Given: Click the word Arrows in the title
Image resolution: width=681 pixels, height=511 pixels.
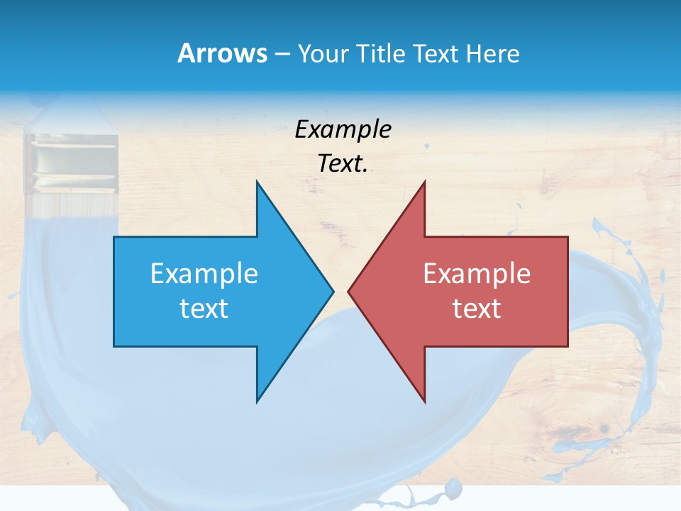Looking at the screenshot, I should pyautogui.click(x=222, y=53).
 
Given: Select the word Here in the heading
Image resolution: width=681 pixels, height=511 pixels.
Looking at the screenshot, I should pyautogui.click(x=492, y=53).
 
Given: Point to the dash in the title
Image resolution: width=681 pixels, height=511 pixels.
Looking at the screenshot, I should pyautogui.click(x=282, y=54).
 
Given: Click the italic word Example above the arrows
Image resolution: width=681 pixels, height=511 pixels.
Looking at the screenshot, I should pyautogui.click(x=343, y=129).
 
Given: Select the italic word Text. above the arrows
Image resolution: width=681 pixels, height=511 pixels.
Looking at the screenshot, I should pyautogui.click(x=343, y=163).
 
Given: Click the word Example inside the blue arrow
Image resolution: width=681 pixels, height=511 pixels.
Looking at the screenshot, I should pyautogui.click(x=204, y=274).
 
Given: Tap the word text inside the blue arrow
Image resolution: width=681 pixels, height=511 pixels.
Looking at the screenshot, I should pyautogui.click(x=204, y=308).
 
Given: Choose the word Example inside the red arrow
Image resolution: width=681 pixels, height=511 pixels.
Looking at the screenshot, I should pyautogui.click(x=477, y=274).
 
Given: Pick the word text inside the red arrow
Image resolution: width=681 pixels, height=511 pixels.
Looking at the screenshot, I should pyautogui.click(x=477, y=308).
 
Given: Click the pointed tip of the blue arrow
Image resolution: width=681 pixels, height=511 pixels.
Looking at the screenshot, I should pyautogui.click(x=333, y=291).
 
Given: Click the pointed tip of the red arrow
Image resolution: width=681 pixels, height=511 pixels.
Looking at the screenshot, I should pyautogui.click(x=348, y=291).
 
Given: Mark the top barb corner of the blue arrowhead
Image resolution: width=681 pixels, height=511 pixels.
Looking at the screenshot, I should pyautogui.click(x=257, y=182).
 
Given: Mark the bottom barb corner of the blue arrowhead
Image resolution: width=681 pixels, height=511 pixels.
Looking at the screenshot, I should pyautogui.click(x=257, y=402).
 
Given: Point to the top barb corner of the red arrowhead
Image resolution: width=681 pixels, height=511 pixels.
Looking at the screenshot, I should pyautogui.click(x=424, y=182).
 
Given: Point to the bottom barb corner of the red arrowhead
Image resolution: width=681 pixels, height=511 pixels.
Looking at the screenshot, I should pyautogui.click(x=424, y=402).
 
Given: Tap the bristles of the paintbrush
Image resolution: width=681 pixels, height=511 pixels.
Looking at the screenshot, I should pyautogui.click(x=71, y=206).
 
